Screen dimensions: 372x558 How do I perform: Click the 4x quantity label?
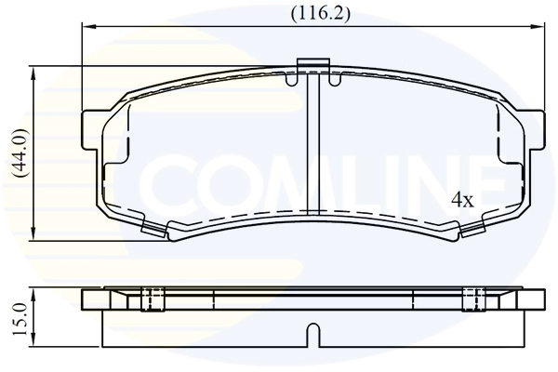point(462,200)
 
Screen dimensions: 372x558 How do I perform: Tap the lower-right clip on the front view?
point(472,227)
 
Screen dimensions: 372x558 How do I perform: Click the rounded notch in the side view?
point(313,333)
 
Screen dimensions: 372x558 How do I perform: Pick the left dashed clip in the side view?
point(152,299)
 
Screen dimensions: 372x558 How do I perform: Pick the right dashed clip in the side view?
point(474,299)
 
